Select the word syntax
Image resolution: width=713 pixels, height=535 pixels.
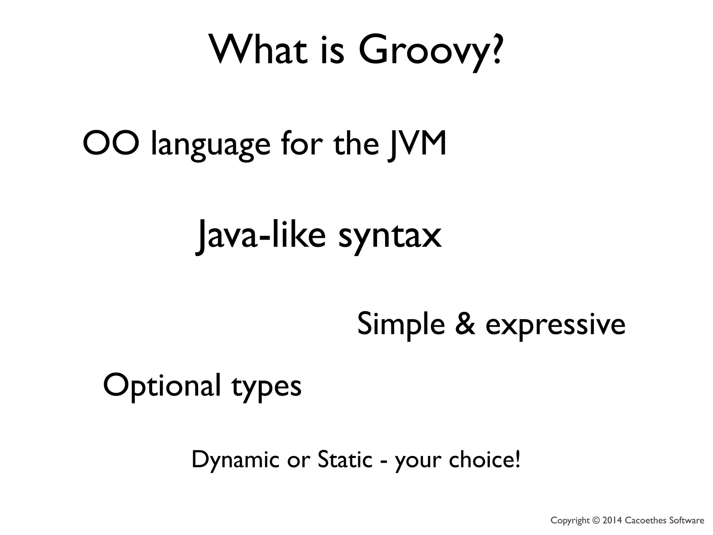tap(390, 239)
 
